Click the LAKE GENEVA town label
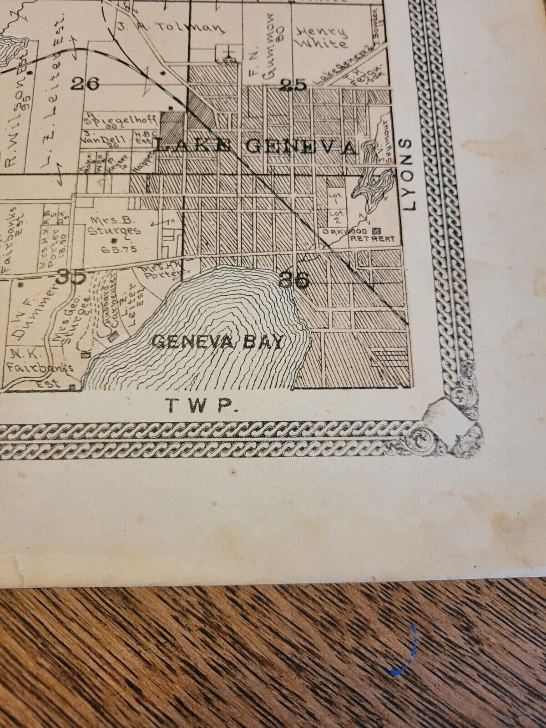(255, 146)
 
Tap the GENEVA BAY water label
(217, 341)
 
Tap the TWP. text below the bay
(202, 405)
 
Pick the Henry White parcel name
(321, 37)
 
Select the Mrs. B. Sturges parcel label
(115, 226)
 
